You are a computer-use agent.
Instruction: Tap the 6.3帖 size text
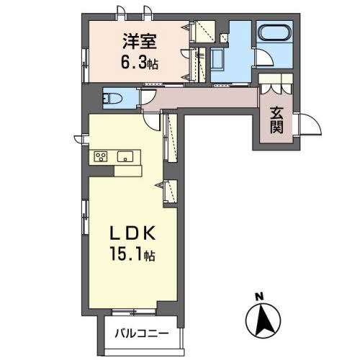point(137,63)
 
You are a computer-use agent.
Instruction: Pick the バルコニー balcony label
point(142,334)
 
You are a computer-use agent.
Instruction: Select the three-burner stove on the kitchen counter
point(100,157)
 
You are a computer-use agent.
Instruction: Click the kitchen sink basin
point(125,156)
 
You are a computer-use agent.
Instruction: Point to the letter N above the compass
point(258,295)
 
